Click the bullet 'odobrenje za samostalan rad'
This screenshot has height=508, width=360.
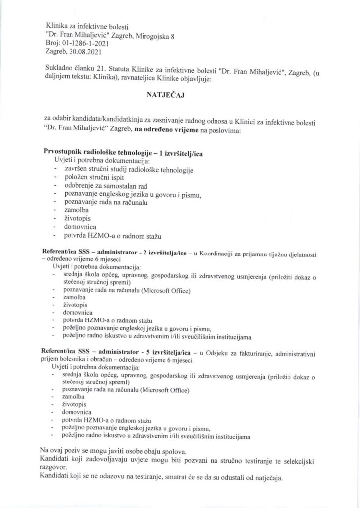[100, 186]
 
